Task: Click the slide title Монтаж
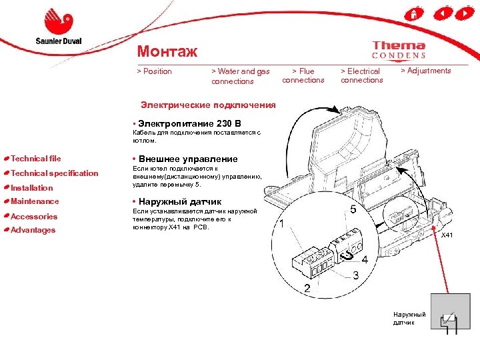(x=167, y=51)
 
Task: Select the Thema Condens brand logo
(x=399, y=50)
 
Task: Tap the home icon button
(x=414, y=13)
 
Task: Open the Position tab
(x=154, y=71)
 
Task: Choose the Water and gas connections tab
(x=240, y=76)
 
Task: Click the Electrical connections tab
(x=361, y=75)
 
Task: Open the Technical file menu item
(x=35, y=159)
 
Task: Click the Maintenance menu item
(x=35, y=201)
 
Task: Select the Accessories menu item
(x=34, y=216)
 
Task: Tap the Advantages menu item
(x=33, y=230)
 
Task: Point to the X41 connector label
(x=447, y=235)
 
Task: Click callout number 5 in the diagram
(x=353, y=209)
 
